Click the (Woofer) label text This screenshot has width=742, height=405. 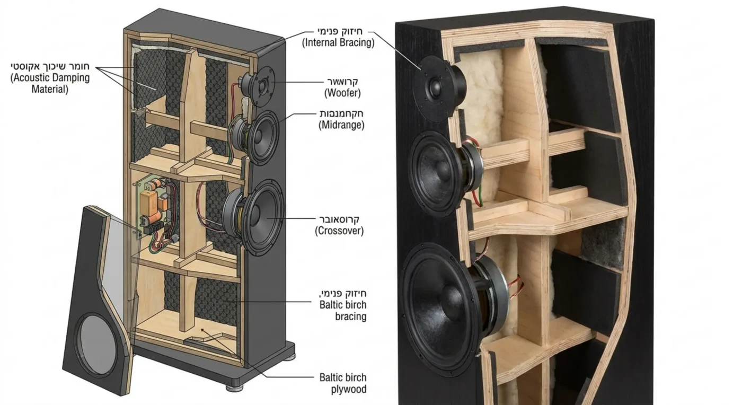[x=342, y=93]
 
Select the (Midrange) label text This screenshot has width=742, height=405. [x=341, y=125]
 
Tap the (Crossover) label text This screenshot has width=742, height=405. [x=339, y=231]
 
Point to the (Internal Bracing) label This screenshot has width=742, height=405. [x=338, y=42]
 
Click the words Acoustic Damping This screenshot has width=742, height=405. [x=50, y=77]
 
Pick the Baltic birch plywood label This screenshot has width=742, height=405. [x=343, y=383]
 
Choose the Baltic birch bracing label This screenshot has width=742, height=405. [x=343, y=310]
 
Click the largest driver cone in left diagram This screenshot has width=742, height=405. [x=264, y=217]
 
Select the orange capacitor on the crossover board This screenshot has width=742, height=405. [x=147, y=202]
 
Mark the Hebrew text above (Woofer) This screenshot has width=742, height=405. [x=342, y=82]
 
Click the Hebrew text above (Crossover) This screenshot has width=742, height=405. [x=339, y=219]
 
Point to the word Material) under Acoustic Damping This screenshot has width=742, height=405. [x=50, y=89]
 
